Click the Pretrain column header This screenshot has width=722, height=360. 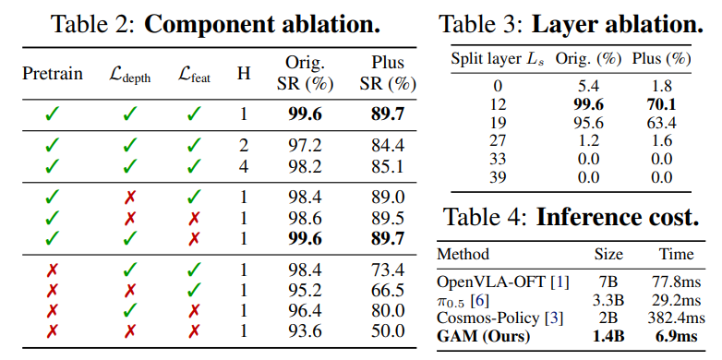click(x=53, y=74)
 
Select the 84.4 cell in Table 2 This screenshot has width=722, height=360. click(x=388, y=146)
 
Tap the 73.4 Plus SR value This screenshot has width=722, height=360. click(x=388, y=270)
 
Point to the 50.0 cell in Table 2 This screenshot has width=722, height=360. click(x=388, y=331)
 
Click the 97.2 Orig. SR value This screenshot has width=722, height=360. click(x=306, y=146)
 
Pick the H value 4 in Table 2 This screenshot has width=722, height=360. click(x=243, y=167)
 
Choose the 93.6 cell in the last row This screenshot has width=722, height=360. click(x=306, y=331)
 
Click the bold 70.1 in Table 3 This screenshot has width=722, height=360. click(x=661, y=104)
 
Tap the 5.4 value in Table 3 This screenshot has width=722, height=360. click(x=588, y=87)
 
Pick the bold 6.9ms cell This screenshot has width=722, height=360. click(x=677, y=336)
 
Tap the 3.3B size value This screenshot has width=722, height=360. click(x=608, y=300)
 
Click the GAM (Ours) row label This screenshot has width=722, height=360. click(x=483, y=337)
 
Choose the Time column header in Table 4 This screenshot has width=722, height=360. click(x=676, y=254)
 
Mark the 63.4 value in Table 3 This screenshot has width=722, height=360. click(x=661, y=123)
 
